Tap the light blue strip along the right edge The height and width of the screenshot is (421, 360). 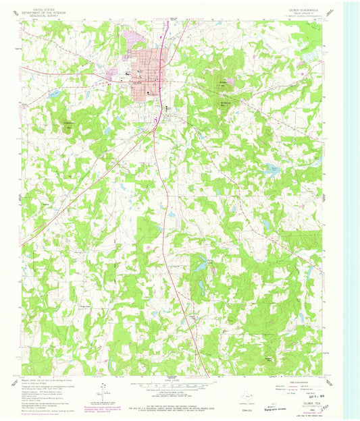pos(352,202)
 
